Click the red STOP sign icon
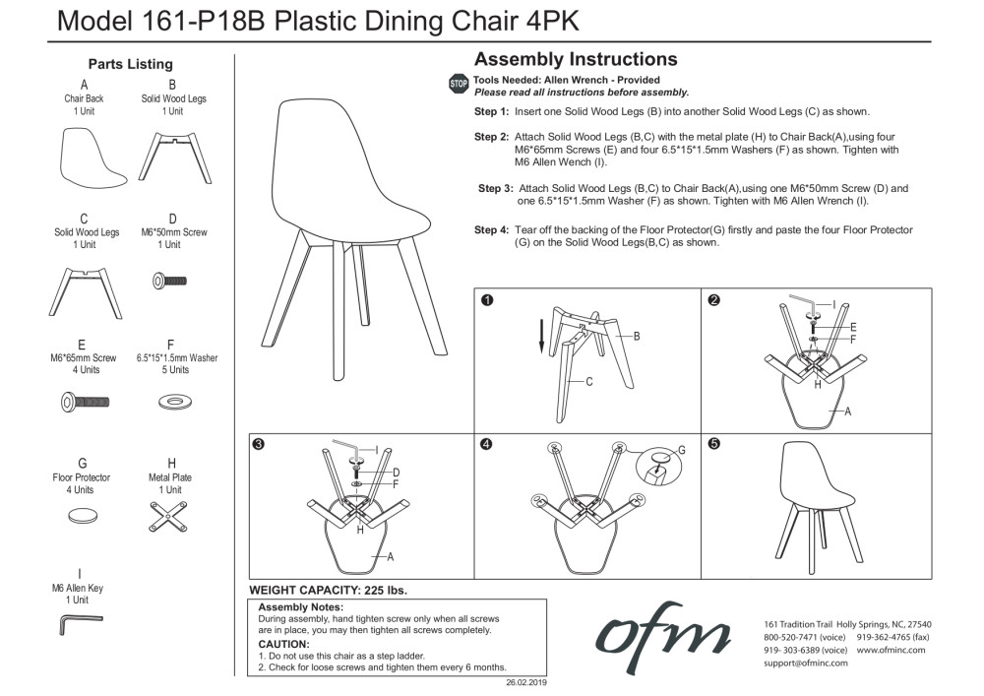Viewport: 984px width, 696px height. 459,85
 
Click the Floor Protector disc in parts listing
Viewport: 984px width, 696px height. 82,515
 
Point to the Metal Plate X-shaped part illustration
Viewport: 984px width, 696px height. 171,515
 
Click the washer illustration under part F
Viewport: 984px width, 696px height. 175,402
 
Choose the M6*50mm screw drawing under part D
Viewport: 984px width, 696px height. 169,281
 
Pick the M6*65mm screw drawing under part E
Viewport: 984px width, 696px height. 84,402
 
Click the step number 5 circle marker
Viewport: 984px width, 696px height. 713,445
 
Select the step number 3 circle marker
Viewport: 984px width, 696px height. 258,445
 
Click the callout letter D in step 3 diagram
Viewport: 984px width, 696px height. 396,473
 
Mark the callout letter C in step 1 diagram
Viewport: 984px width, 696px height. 588,381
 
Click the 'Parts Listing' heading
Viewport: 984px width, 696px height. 130,64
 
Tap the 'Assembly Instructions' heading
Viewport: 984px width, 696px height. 576,60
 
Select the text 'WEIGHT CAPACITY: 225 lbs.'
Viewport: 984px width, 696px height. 328,591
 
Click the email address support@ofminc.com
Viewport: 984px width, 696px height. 806,663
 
